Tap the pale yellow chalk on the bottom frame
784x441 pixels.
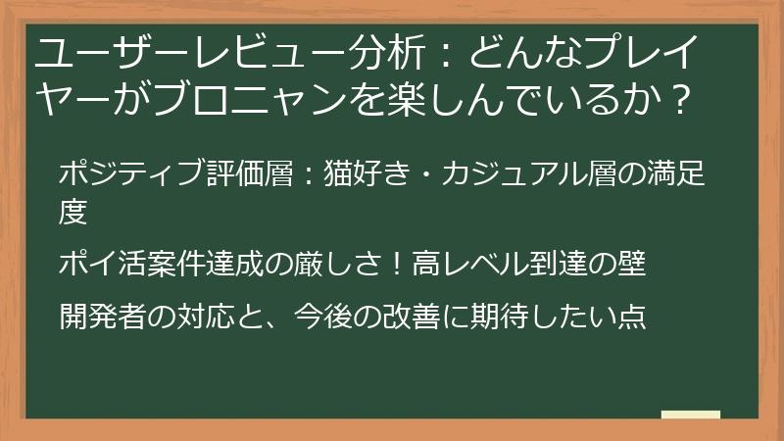click(x=691, y=416)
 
